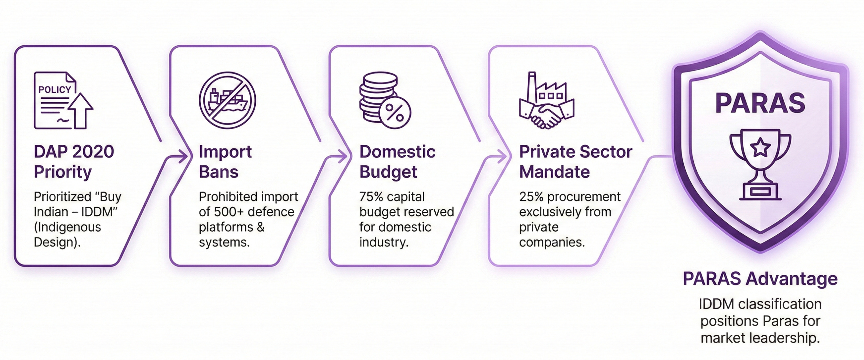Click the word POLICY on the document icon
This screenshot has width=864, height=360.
[55, 90]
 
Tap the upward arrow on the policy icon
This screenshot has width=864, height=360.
[81, 111]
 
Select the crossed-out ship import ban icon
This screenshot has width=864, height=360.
[227, 100]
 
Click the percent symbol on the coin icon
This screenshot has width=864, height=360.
[395, 113]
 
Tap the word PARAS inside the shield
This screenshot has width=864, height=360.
[760, 103]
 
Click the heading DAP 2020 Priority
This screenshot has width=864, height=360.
[74, 162]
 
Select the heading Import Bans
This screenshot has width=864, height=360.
[225, 162]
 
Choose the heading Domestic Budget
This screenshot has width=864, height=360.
[397, 162]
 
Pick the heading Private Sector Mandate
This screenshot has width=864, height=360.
[575, 162]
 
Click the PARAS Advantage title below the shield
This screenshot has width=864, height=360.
[760, 279]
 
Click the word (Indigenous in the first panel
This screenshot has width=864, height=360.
[67, 227]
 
